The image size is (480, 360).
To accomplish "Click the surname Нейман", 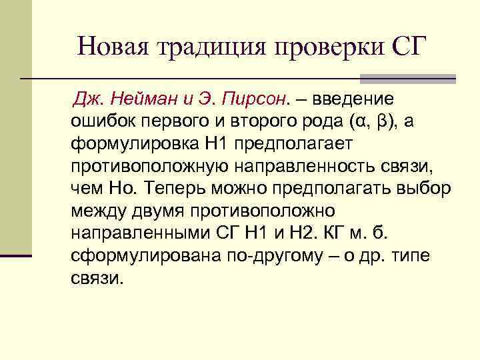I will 151,99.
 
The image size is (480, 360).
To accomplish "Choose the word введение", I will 352,99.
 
